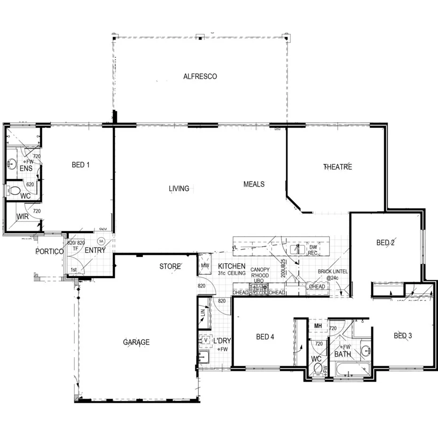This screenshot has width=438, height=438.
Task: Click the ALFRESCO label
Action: pyautogui.click(x=200, y=76)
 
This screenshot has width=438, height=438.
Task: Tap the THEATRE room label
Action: pyautogui.click(x=337, y=167)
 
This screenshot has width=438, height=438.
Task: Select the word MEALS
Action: pyautogui.click(x=254, y=184)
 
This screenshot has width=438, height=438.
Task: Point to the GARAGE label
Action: pyautogui.click(x=136, y=342)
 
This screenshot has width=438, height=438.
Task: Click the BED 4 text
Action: pyautogui.click(x=265, y=336)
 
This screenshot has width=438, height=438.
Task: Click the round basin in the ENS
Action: pyautogui.click(x=12, y=164)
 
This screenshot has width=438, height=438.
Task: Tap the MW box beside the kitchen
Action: pyautogui.click(x=204, y=266)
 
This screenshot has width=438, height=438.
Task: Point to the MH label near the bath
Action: pyautogui.click(x=318, y=326)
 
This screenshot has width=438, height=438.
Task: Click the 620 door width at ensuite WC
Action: pyautogui.click(x=30, y=185)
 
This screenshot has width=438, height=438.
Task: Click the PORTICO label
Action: pyautogui.click(x=49, y=251)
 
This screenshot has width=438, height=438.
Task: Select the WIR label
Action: pyautogui.click(x=23, y=217)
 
